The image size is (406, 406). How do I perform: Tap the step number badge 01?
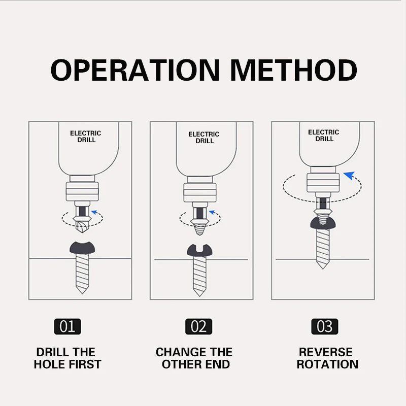[x=67, y=326]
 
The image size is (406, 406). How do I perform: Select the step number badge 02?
[x=198, y=326]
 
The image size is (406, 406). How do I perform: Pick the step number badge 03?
[x=324, y=326]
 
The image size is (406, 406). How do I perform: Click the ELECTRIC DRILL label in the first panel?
[x=85, y=136]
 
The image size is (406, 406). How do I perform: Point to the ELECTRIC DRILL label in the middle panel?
[x=204, y=138]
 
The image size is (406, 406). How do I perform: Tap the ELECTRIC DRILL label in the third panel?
[x=323, y=136]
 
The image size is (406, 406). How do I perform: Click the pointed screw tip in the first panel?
[x=81, y=289]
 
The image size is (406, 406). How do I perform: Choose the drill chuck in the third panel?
[x=323, y=182]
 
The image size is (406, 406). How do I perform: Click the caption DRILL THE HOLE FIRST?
[x=67, y=358]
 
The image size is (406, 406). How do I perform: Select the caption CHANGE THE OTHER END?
[x=194, y=358]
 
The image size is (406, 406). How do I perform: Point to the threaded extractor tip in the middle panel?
[x=199, y=226]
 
